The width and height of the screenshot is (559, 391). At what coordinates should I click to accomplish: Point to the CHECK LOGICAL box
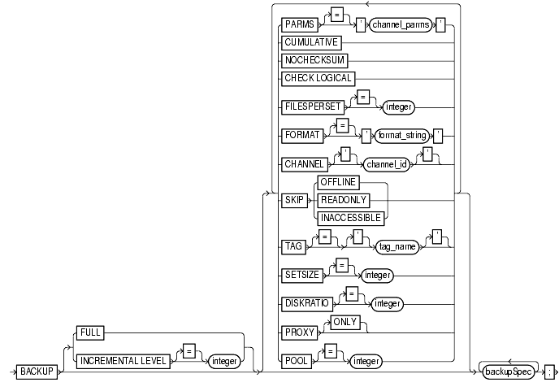(318, 78)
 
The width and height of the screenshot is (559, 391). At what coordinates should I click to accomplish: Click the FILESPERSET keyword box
(311, 106)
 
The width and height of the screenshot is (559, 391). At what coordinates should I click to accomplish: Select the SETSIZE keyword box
(304, 275)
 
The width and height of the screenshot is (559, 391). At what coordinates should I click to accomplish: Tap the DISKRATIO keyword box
(310, 304)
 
